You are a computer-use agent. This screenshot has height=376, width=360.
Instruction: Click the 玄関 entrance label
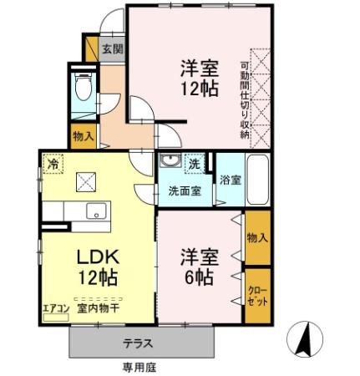pyautogui.click(x=112, y=48)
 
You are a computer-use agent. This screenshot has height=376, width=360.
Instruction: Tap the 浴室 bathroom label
pyautogui.click(x=229, y=179)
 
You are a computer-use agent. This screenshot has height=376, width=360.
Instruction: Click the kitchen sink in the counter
pyautogui.click(x=94, y=211)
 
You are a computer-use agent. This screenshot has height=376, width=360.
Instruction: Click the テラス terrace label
pyautogui.click(x=137, y=343)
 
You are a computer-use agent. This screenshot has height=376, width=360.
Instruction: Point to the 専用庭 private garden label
pyautogui.click(x=137, y=367)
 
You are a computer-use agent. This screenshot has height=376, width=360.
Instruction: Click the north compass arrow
pyautogui.click(x=305, y=338)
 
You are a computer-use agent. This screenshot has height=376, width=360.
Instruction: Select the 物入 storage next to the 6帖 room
pyautogui.click(x=256, y=237)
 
